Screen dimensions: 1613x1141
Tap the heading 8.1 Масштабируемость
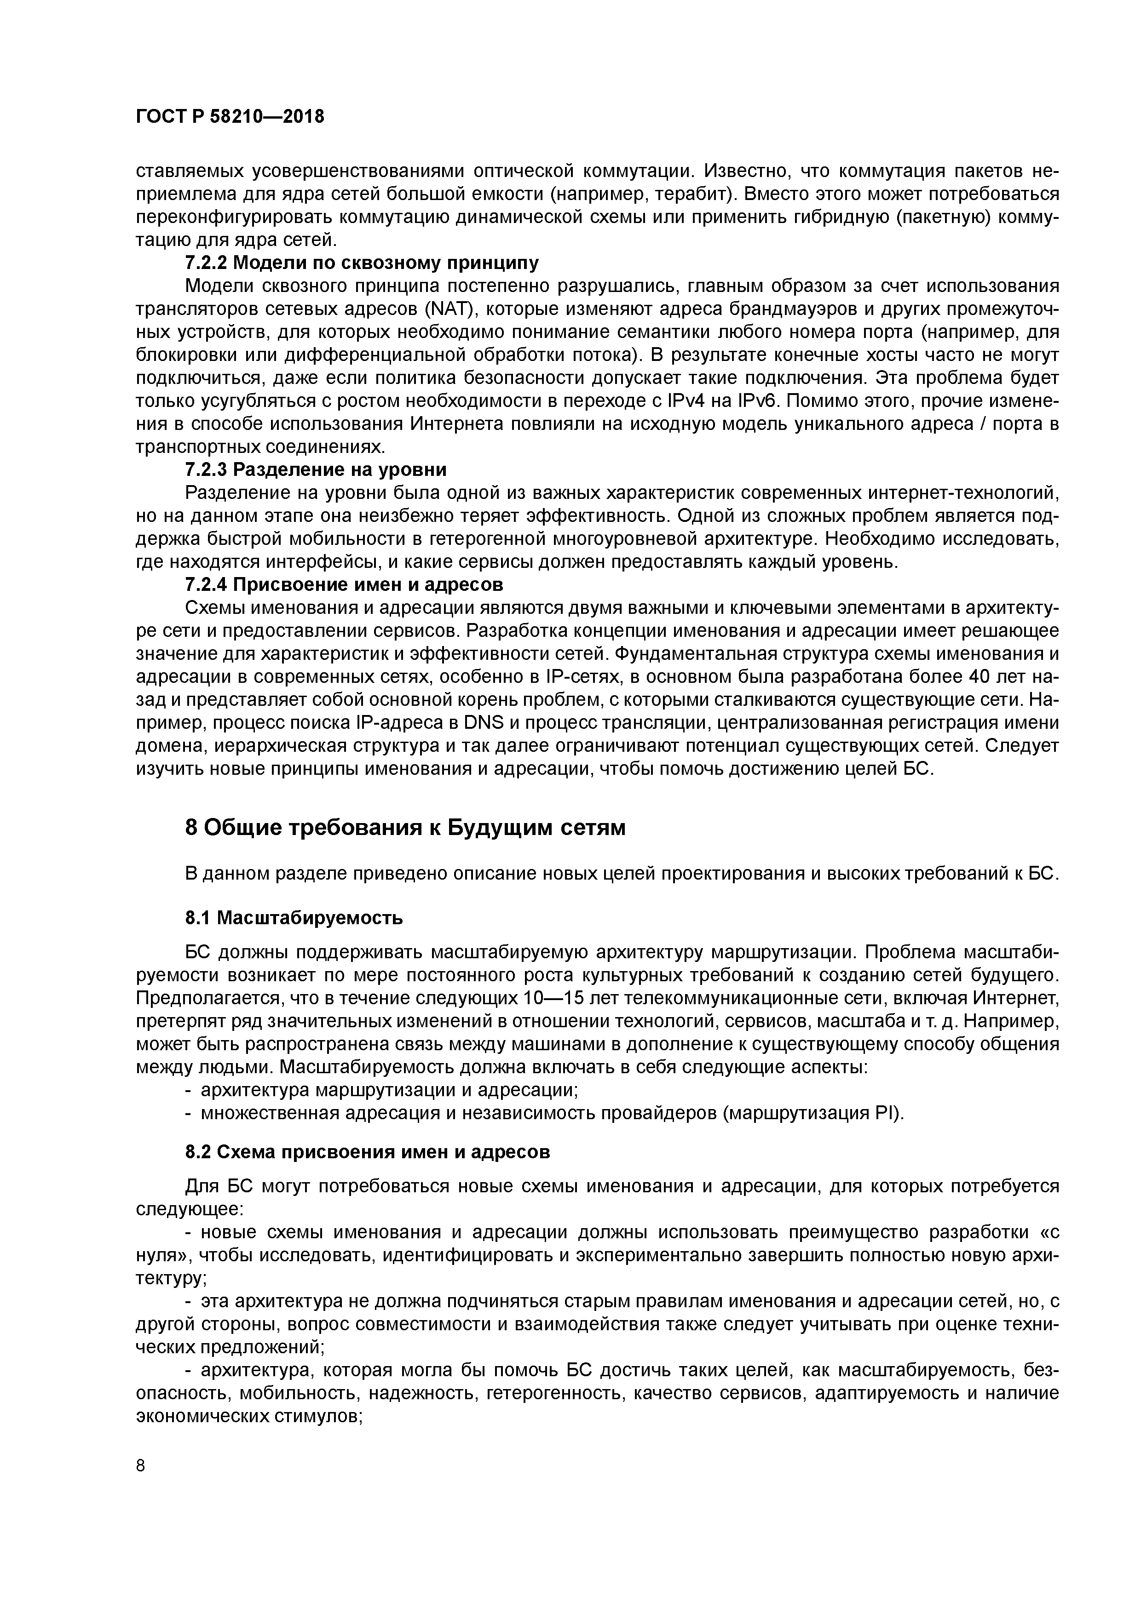click(294, 917)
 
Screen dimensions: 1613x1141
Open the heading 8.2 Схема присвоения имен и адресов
click(367, 1152)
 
